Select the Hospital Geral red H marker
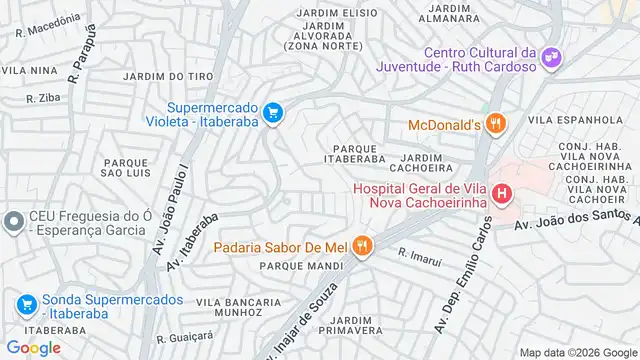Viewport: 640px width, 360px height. pyautogui.click(x=503, y=194)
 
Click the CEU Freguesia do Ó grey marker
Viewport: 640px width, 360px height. pyautogui.click(x=13, y=221)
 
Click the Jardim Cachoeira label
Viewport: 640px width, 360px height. pyautogui.click(x=435, y=163)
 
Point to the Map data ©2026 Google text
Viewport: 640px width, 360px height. pyautogui.click(x=577, y=350)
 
